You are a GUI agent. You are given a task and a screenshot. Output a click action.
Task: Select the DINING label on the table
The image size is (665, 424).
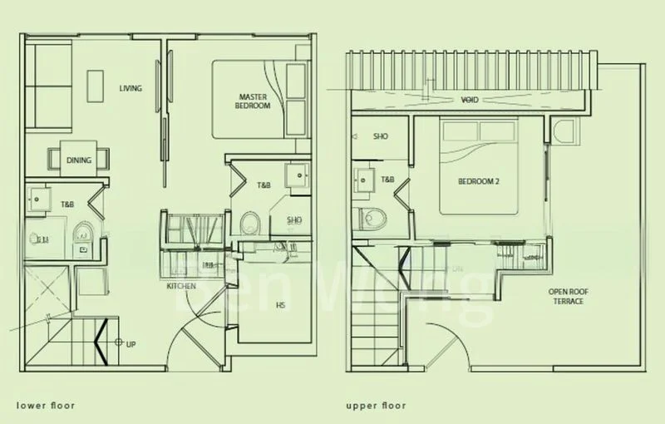pos(79,159)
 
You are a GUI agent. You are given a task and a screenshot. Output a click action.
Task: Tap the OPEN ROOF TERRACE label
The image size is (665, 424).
pos(565,296)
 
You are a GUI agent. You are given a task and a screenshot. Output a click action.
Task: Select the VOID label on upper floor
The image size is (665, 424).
pos(470,100)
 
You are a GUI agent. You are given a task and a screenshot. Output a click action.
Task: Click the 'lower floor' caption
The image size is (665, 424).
pos(46,406)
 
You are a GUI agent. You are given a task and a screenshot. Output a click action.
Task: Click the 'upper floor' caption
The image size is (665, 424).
pos(376,406)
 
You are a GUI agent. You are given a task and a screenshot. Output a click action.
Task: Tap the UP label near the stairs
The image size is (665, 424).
pos(131,342)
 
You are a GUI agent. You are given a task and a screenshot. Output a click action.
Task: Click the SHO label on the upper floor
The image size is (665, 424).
pos(381,136)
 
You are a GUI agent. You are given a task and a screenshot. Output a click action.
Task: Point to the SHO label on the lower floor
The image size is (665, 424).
pos(294,220)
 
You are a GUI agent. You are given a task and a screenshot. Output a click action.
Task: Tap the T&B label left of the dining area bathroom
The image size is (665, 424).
pos(67,204)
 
